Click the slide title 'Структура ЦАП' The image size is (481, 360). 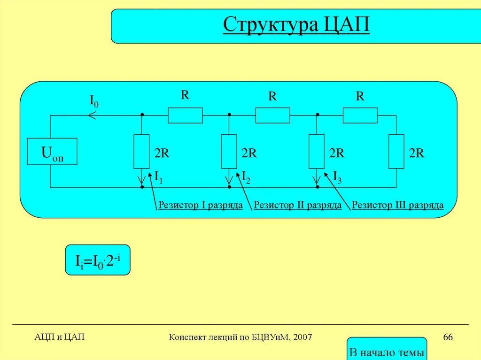click(x=296, y=25)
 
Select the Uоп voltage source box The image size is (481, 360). click(x=52, y=152)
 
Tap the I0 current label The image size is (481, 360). click(x=94, y=100)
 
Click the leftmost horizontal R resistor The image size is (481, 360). click(x=185, y=115)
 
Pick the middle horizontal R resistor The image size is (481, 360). click(x=272, y=115)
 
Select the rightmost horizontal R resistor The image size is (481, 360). click(x=360, y=115)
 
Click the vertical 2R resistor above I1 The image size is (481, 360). click(x=141, y=151)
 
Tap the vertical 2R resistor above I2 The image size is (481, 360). click(x=229, y=151)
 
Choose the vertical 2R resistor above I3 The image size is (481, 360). click(x=317, y=151)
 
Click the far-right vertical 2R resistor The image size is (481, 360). click(x=396, y=151)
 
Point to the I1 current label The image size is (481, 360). click(x=158, y=177)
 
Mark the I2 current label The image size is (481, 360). click(x=246, y=177)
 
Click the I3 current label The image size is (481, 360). click(x=337, y=177)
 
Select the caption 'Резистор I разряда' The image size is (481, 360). click(x=201, y=205)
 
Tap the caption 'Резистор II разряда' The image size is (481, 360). click(x=297, y=205)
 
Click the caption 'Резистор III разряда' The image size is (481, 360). click(x=398, y=205)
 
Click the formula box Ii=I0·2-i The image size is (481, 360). click(x=97, y=260)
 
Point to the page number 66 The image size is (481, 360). click(x=448, y=337)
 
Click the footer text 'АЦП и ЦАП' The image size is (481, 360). click(x=60, y=337)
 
